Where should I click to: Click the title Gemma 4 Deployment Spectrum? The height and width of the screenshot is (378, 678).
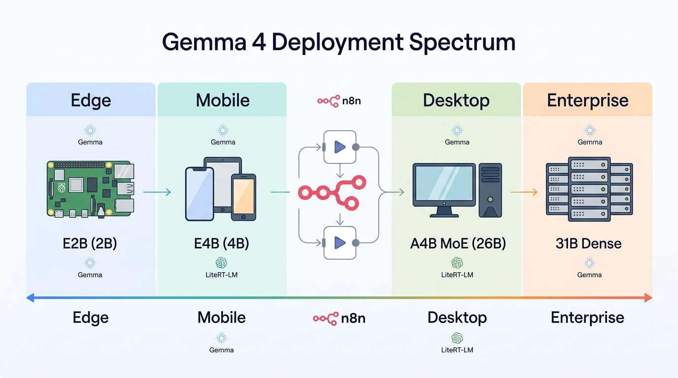(x=339, y=42)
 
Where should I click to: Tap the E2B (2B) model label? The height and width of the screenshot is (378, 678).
(x=90, y=243)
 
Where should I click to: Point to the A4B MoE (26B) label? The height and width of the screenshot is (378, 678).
(x=457, y=243)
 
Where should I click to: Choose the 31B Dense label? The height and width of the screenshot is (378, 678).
(x=588, y=243)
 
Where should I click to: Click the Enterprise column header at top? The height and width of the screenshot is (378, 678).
(x=587, y=100)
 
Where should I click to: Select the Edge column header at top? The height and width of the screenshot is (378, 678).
(x=91, y=100)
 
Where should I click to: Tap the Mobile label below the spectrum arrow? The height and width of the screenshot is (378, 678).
(x=222, y=317)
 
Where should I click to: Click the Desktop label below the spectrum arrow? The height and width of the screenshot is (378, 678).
(x=457, y=317)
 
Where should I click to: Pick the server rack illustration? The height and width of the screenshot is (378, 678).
(x=589, y=189)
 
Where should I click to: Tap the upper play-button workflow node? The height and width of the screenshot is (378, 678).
(x=339, y=147)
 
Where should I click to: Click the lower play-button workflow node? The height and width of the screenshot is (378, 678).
(x=339, y=242)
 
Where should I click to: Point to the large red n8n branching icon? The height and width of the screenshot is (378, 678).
(x=332, y=193)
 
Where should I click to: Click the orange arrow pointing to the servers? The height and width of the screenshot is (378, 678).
(x=524, y=192)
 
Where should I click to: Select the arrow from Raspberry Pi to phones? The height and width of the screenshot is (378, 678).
(x=157, y=192)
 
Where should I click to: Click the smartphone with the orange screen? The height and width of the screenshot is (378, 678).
(x=243, y=197)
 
